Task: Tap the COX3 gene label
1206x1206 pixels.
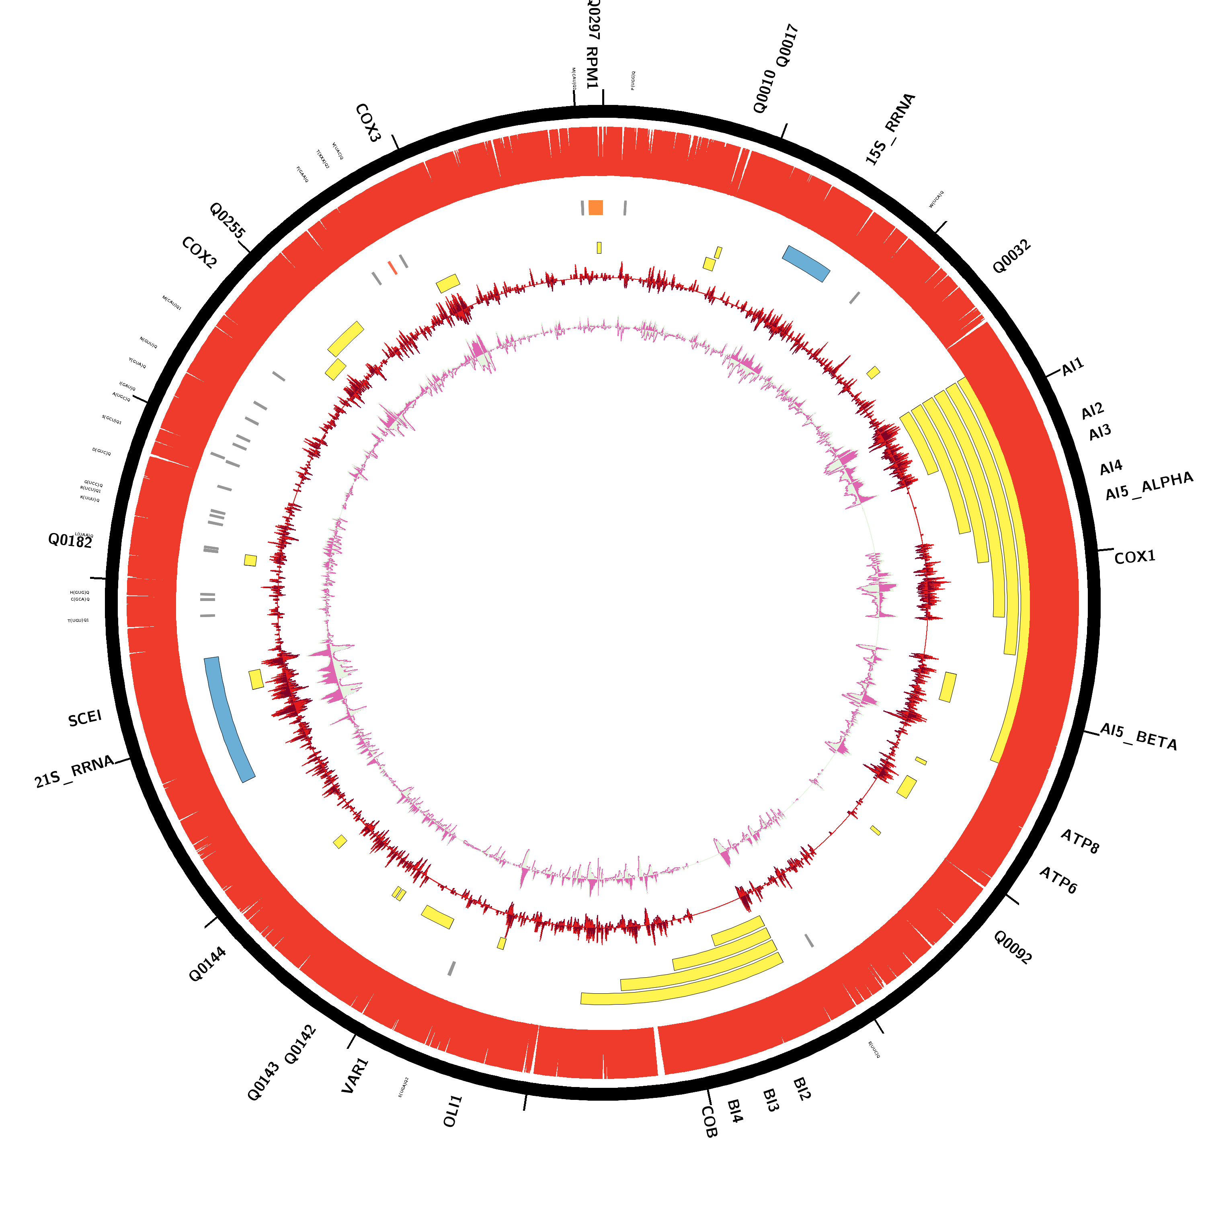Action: (368, 123)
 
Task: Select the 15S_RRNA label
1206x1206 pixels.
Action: (890, 129)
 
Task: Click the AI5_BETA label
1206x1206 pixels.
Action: (1138, 736)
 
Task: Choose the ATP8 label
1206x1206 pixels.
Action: (1079, 841)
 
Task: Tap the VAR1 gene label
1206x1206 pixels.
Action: (355, 1075)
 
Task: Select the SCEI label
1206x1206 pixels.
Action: (85, 718)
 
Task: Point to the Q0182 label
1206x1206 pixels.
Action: (70, 541)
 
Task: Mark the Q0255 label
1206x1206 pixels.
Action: (227, 220)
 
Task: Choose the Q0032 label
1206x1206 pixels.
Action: (1011, 256)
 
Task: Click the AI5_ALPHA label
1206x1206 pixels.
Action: (1149, 486)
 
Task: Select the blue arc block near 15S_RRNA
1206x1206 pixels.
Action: (806, 263)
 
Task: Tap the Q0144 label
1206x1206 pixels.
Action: (207, 964)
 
